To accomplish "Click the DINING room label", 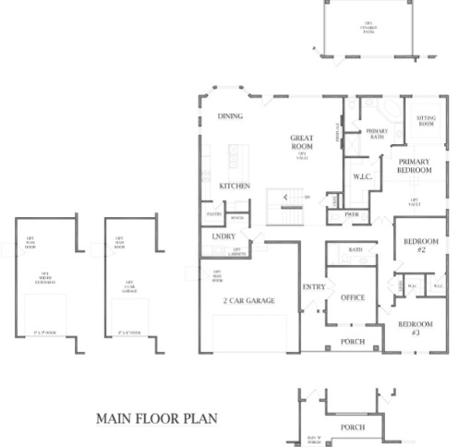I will click(x=230, y=116).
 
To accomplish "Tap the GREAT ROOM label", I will click(x=302, y=143).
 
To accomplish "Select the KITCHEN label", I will click(x=234, y=186).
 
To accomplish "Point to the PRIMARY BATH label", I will click(x=376, y=135).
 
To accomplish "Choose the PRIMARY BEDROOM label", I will click(x=415, y=165).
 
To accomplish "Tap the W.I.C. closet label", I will click(x=361, y=175).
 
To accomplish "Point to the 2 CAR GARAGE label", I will click(x=248, y=302).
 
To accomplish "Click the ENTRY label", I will click(x=313, y=286).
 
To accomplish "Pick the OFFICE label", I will click(x=353, y=297).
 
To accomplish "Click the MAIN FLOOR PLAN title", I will click(x=157, y=418).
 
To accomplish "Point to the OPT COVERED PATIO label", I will click(x=368, y=28).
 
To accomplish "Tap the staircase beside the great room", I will click(x=287, y=205).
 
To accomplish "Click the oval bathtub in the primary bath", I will click(x=393, y=115).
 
